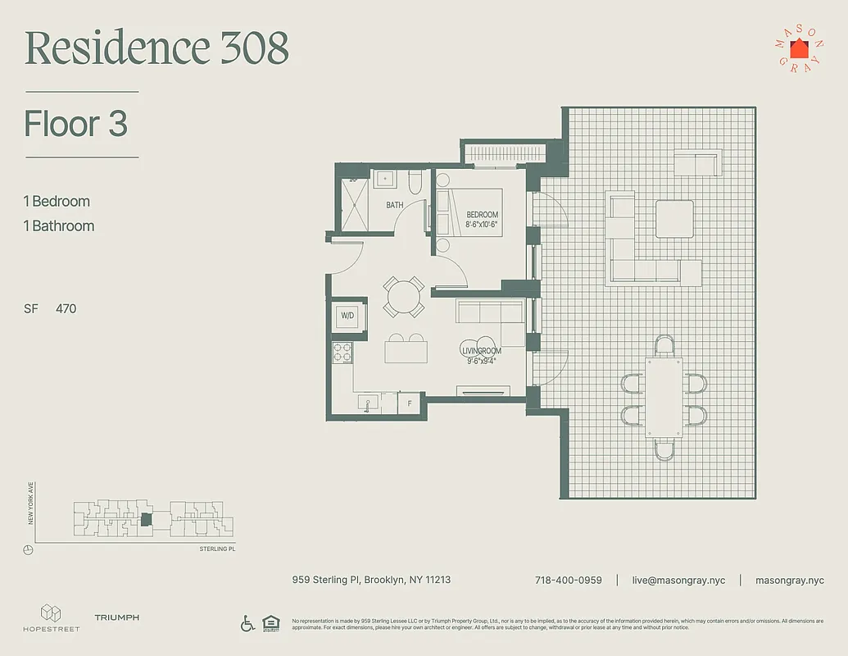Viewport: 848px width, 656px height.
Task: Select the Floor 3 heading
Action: coord(75,124)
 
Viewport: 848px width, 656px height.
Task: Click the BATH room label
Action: coord(395,205)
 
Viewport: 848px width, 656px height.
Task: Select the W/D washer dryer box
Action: coord(347,316)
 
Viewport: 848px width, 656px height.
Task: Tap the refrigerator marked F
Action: coord(409,404)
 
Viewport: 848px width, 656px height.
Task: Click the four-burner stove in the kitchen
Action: coord(342,353)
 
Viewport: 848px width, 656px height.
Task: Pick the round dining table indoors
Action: coord(403,297)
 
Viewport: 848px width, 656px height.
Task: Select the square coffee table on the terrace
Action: coord(675,220)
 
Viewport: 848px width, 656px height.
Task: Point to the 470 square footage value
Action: coord(66,309)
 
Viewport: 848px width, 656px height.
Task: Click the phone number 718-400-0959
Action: coord(568,580)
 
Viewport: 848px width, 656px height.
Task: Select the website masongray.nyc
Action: coord(789,580)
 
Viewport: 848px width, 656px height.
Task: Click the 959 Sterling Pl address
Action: coord(371,580)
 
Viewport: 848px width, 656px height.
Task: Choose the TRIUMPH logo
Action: coord(116,617)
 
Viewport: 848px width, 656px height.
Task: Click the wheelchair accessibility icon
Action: coord(247,623)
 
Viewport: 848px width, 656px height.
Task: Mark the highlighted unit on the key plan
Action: coord(146,519)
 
